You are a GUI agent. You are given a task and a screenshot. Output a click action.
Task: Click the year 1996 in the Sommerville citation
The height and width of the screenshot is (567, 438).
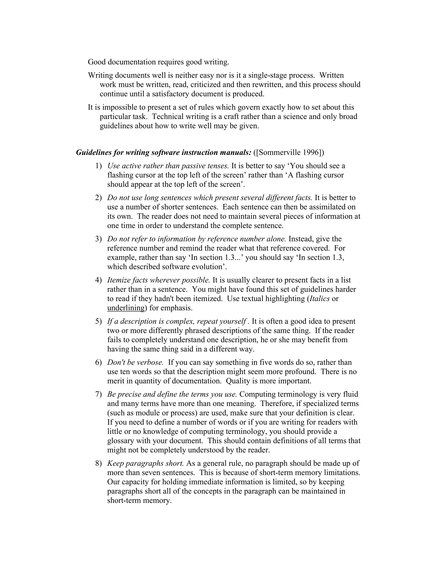coord(311,152)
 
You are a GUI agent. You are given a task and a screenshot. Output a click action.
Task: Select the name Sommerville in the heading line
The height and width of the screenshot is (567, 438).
coord(280,152)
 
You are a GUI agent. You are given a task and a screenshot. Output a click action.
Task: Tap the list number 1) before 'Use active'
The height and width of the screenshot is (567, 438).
coord(98,166)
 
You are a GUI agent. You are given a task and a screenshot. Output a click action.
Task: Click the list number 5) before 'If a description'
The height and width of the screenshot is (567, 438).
coord(98,321)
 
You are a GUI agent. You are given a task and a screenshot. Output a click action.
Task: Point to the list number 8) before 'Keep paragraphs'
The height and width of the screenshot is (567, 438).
coord(98,463)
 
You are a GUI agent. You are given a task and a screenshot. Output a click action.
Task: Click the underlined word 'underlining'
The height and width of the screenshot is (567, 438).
coord(126,308)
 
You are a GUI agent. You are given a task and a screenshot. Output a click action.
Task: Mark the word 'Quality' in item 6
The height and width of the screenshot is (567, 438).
coord(237,381)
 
